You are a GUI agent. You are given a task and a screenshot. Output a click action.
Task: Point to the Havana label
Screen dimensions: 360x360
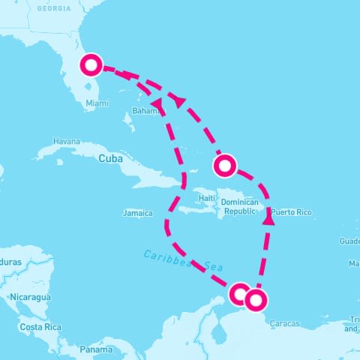click(x=66, y=141)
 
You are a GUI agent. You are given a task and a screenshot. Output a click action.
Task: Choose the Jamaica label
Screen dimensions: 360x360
click(x=137, y=213)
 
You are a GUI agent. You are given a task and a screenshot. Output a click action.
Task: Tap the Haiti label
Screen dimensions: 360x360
click(x=207, y=198)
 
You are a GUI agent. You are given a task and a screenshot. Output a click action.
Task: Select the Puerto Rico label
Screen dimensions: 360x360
click(x=291, y=212)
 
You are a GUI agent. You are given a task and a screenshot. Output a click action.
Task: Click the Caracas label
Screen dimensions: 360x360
click(x=285, y=323)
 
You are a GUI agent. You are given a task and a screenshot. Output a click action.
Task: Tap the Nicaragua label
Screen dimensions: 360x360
click(x=29, y=298)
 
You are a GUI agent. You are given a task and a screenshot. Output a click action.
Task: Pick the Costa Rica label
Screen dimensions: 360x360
click(x=40, y=328)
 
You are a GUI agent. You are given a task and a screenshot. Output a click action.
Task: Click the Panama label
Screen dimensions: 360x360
click(x=96, y=350)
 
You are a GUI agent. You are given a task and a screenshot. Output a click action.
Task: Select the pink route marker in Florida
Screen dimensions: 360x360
click(x=91, y=65)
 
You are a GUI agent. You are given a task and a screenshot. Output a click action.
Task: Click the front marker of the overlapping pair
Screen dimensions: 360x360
click(x=256, y=300)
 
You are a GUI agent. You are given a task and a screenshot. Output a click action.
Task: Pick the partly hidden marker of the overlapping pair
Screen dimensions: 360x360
click(x=239, y=294)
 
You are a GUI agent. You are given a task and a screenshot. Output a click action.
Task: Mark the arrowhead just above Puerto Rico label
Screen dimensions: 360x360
click(x=268, y=220)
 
